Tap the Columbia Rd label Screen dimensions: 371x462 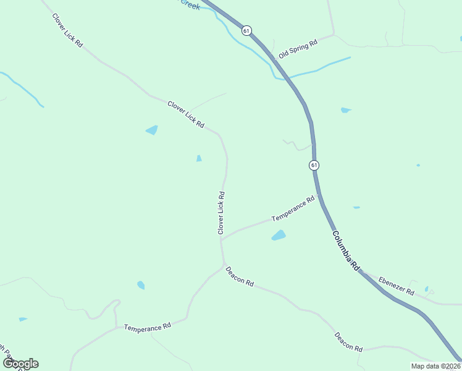point(345,250)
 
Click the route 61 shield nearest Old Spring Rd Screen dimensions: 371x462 point(246,30)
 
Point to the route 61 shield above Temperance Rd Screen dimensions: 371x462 point(314,165)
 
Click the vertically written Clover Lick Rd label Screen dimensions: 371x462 point(220,212)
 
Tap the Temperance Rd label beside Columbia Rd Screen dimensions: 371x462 point(293,209)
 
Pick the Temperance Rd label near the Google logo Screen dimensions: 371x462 point(147,326)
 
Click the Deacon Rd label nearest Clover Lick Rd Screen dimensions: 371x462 point(240,275)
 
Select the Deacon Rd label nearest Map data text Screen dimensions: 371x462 point(348,342)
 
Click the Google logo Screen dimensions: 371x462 point(20,364)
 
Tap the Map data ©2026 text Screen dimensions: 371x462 point(435,366)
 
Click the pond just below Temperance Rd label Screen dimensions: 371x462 point(279,236)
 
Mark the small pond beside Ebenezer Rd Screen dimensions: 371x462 point(427,289)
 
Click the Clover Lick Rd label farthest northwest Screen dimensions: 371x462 point(67,32)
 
